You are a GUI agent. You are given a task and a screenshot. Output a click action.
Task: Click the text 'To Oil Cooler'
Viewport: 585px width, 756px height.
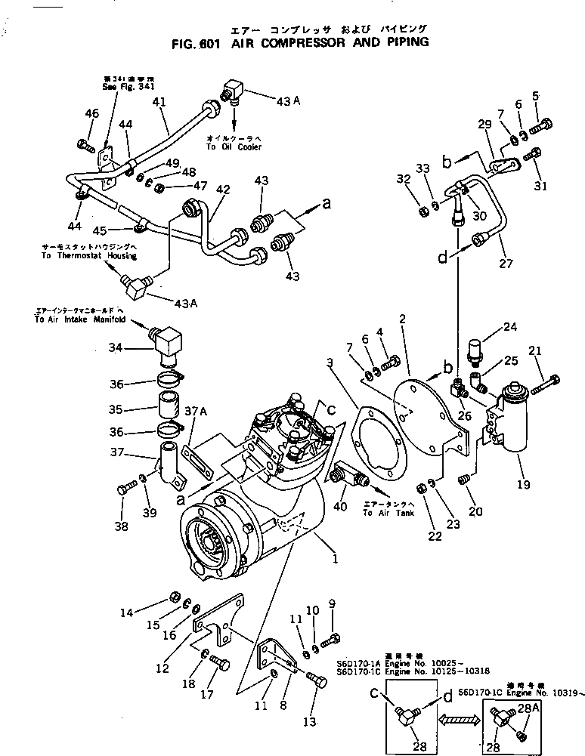click(x=233, y=147)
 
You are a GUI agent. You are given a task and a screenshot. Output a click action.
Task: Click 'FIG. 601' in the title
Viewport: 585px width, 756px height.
click(x=195, y=43)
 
